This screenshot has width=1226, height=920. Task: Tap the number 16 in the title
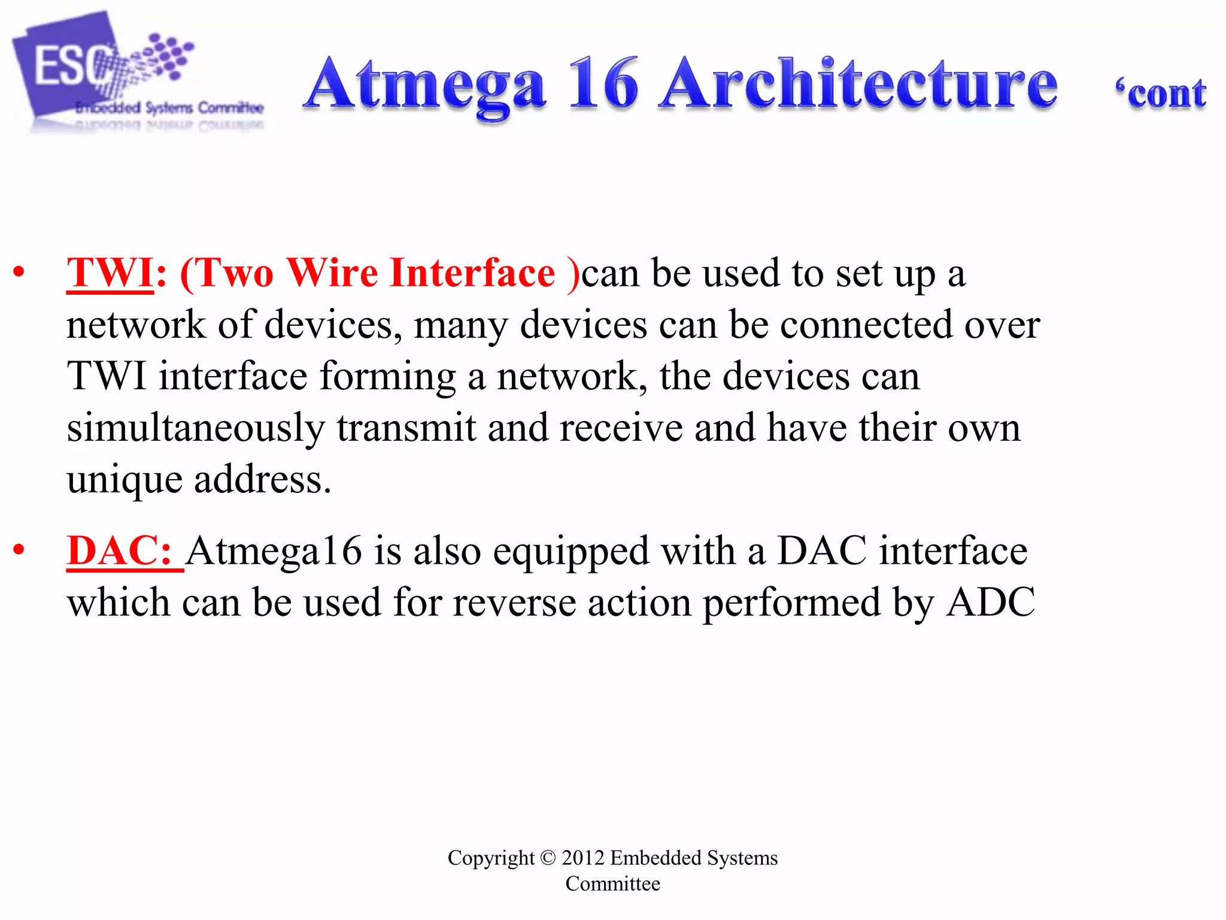[x=603, y=84]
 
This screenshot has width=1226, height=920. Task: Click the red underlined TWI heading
[x=110, y=273]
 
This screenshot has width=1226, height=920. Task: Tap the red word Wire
[x=332, y=273]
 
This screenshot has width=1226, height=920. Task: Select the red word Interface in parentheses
[x=472, y=273]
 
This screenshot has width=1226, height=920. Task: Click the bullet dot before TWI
[x=19, y=272]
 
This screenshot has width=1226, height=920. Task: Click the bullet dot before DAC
[x=19, y=549]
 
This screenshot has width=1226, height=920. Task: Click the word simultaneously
[x=196, y=429]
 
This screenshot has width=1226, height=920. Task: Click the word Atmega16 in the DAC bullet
[x=275, y=550]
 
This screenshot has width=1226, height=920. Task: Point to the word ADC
[x=991, y=602]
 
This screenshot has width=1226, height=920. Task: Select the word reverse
[x=514, y=603]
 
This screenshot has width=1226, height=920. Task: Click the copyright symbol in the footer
[x=548, y=858]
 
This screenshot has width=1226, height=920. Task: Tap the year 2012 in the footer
[x=583, y=858]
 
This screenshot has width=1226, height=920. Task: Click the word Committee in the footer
[x=612, y=883]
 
